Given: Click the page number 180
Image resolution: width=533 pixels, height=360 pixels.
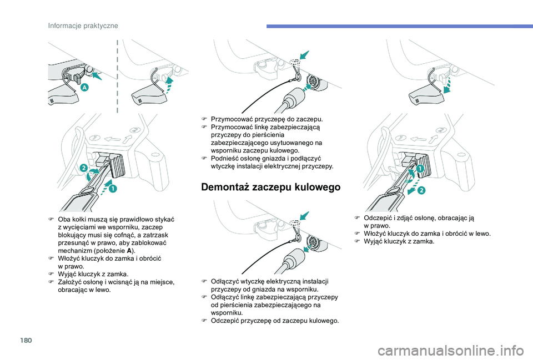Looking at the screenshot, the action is tap(26, 340).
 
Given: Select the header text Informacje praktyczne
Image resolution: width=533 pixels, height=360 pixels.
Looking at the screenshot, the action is tap(83, 26).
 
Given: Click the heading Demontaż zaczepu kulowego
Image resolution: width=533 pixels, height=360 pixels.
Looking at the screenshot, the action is tap(270, 187).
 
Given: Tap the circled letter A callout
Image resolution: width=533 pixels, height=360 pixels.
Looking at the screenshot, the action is tap(84, 88).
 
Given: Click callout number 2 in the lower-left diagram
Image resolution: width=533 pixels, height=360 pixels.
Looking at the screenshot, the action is tap(84, 168).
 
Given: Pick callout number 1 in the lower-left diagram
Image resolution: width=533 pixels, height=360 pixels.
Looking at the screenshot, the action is tap(113, 189).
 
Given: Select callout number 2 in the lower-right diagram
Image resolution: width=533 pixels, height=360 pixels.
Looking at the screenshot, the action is tap(421, 190).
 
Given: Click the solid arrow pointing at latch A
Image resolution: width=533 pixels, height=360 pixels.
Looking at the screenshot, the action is tap(97, 75).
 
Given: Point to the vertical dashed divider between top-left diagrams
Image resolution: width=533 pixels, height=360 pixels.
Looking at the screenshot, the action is tap(117, 76).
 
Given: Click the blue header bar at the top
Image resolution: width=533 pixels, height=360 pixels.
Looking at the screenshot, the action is tap(399, 26).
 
